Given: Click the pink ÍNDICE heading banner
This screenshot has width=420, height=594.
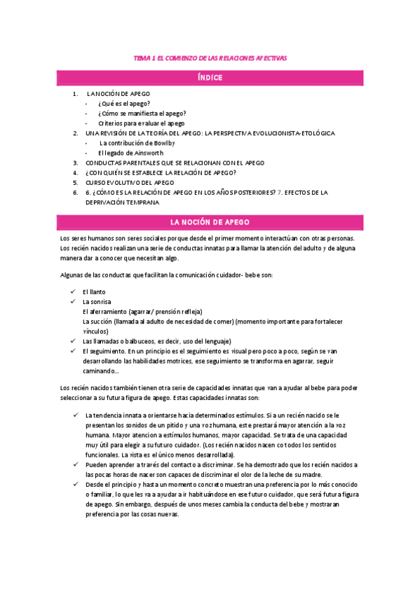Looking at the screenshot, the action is (x=210, y=78).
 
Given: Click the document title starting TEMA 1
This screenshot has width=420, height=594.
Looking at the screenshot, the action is (x=210, y=59).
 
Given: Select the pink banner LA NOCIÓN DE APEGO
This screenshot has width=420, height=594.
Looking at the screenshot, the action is (x=210, y=223).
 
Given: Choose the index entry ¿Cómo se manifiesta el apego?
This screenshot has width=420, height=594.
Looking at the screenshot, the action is (x=142, y=113).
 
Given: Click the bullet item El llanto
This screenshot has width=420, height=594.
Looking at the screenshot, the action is (x=95, y=291).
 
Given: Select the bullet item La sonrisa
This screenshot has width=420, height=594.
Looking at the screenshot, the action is (x=97, y=301).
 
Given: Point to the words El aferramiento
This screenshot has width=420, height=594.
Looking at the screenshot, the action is (x=106, y=311).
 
